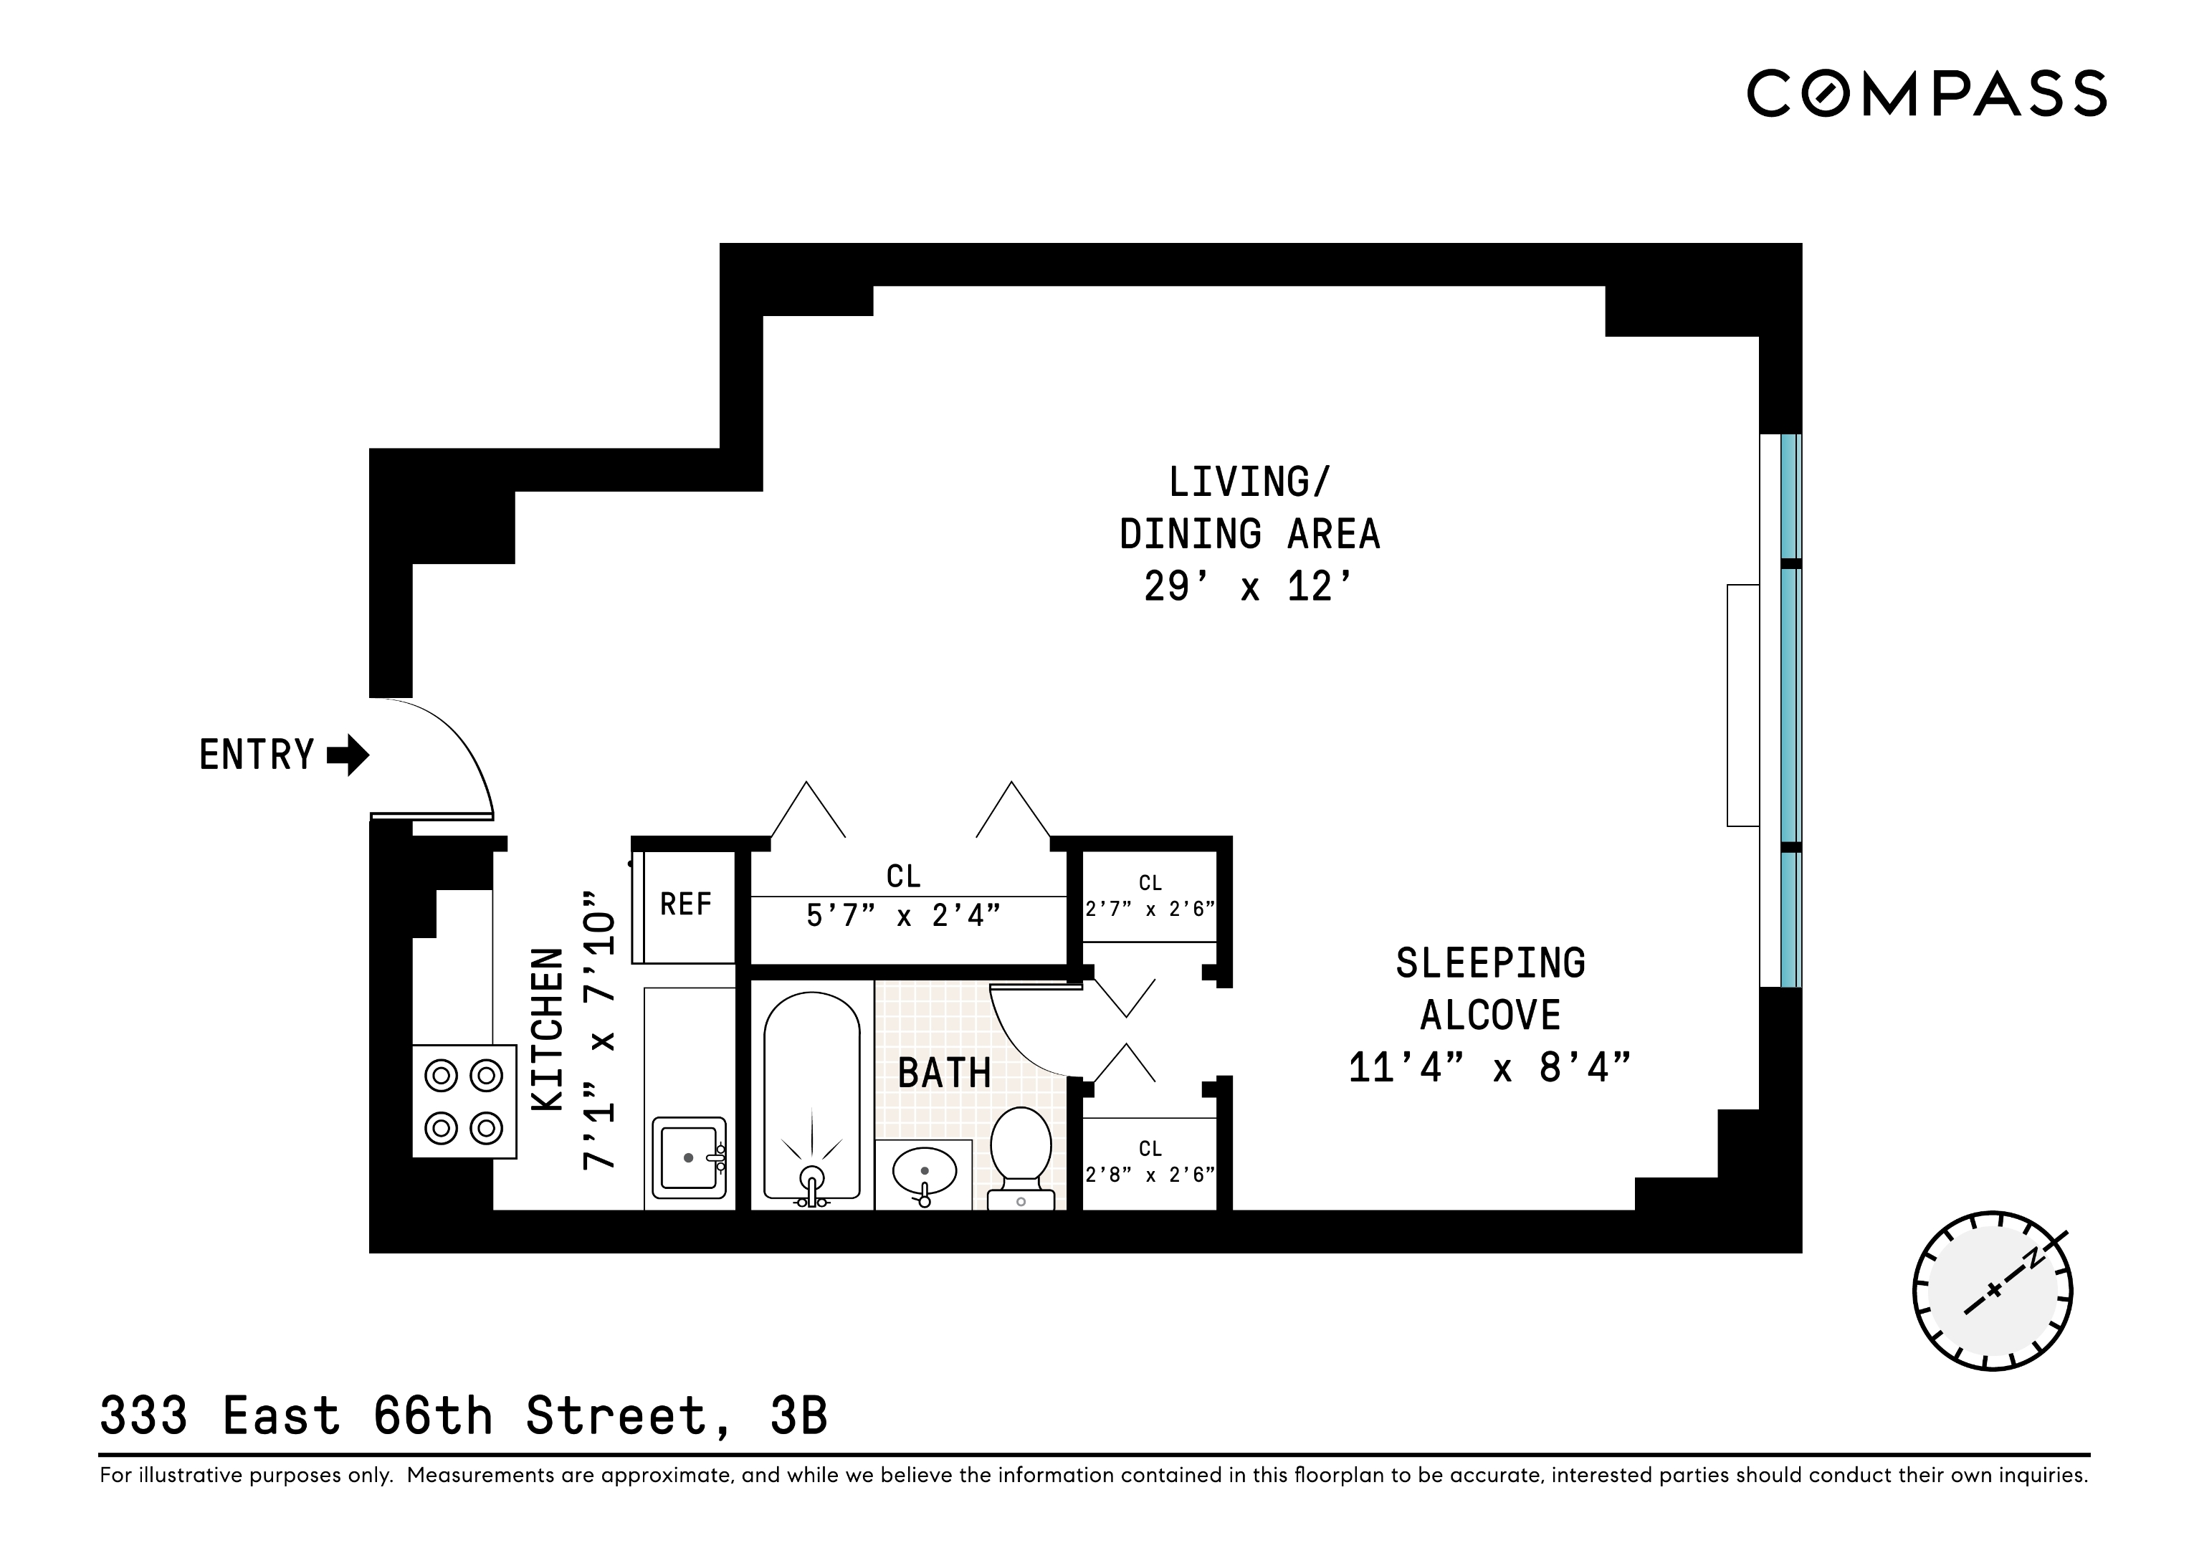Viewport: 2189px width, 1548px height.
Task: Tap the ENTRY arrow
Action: tap(348, 755)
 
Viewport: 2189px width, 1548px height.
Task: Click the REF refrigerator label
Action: tap(685, 904)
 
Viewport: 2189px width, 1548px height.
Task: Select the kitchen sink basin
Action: tap(688, 1157)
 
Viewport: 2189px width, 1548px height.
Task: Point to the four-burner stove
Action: tap(463, 1102)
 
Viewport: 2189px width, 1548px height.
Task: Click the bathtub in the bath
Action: tap(811, 1096)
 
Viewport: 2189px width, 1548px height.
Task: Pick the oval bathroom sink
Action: tap(923, 1170)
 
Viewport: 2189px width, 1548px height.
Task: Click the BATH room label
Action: tap(944, 1074)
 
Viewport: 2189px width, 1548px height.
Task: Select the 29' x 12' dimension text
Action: tap(1248, 587)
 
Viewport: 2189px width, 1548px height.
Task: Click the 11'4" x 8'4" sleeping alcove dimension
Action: tap(1489, 1068)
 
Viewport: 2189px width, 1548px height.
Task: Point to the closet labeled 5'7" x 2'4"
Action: tap(903, 916)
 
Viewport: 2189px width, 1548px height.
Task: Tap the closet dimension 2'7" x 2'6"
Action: tap(1150, 909)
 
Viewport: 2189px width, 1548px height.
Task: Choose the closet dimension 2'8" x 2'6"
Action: tap(1150, 1175)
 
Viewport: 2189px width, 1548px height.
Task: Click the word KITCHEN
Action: tap(548, 1029)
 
